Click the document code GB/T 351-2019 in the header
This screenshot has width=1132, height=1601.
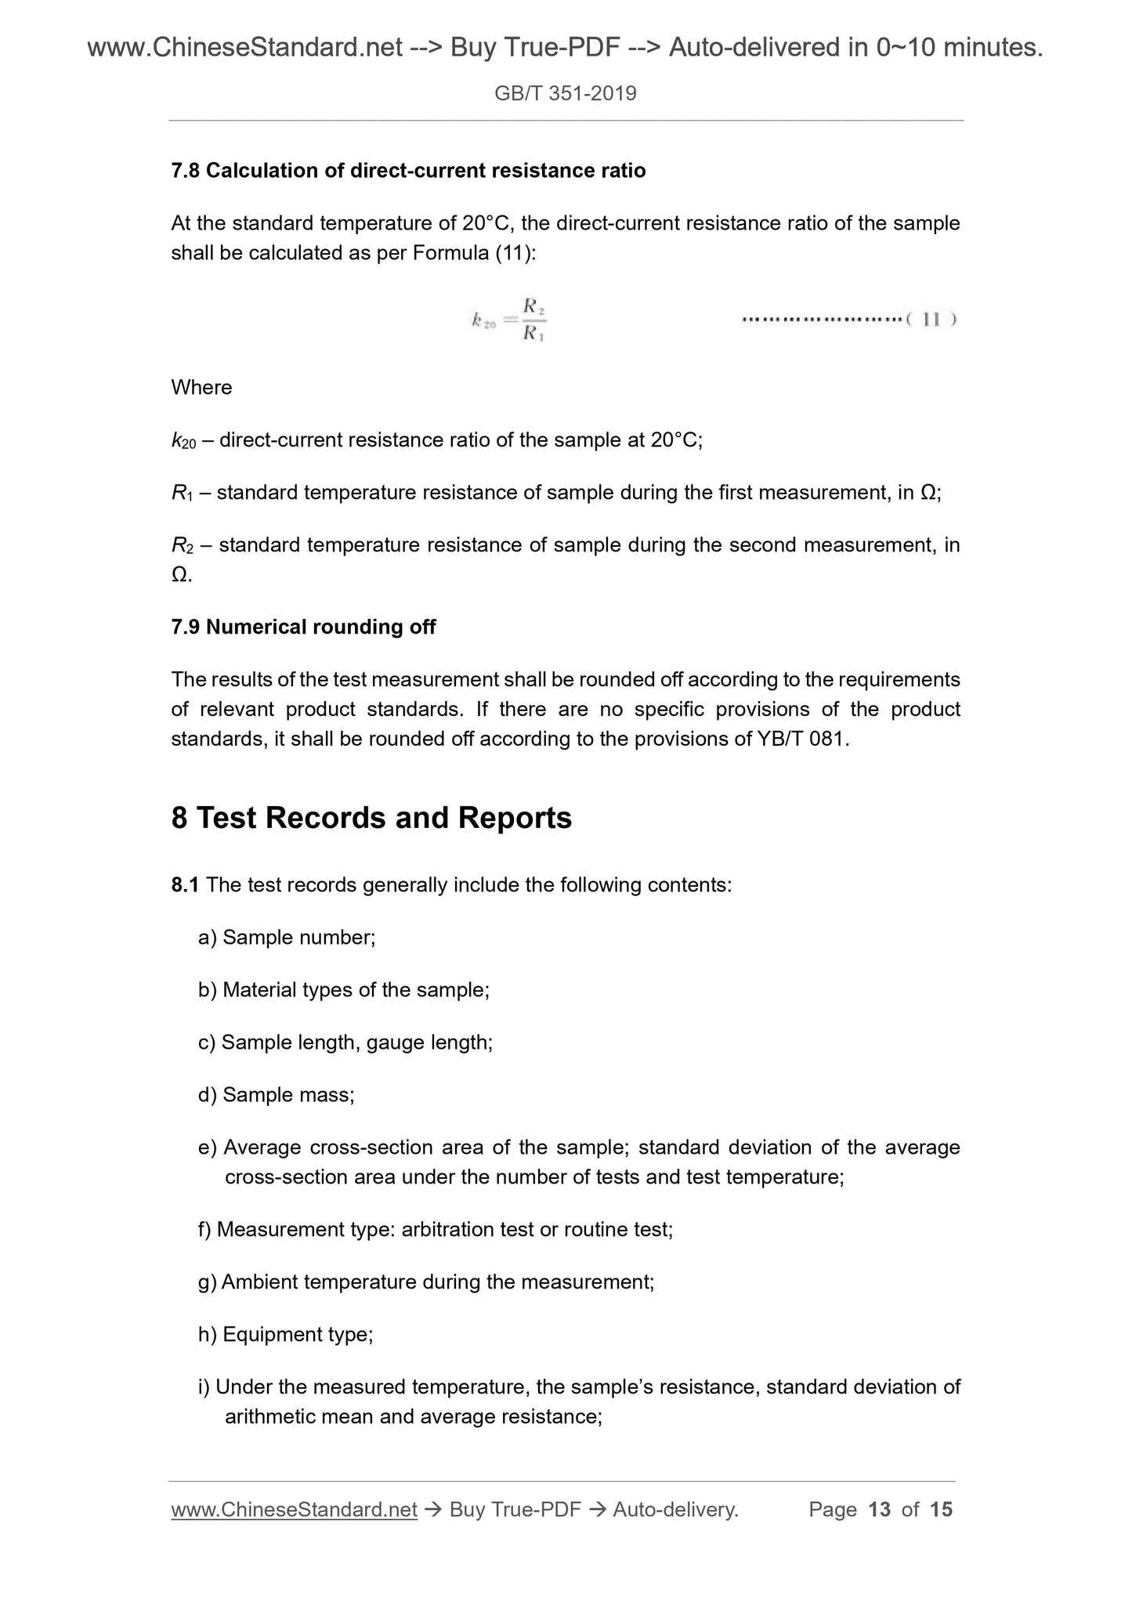tap(565, 94)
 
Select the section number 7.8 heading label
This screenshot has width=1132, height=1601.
tap(186, 171)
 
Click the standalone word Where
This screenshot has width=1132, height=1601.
tap(201, 388)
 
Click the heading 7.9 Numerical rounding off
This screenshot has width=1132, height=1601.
tap(303, 627)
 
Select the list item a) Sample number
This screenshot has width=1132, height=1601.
tap(287, 938)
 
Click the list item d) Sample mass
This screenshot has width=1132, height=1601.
tap(276, 1095)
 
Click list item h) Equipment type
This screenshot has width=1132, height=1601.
tap(285, 1335)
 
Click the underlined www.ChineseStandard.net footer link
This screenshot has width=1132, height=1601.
tap(294, 1510)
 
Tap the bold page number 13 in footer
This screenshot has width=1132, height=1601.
tap(880, 1510)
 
